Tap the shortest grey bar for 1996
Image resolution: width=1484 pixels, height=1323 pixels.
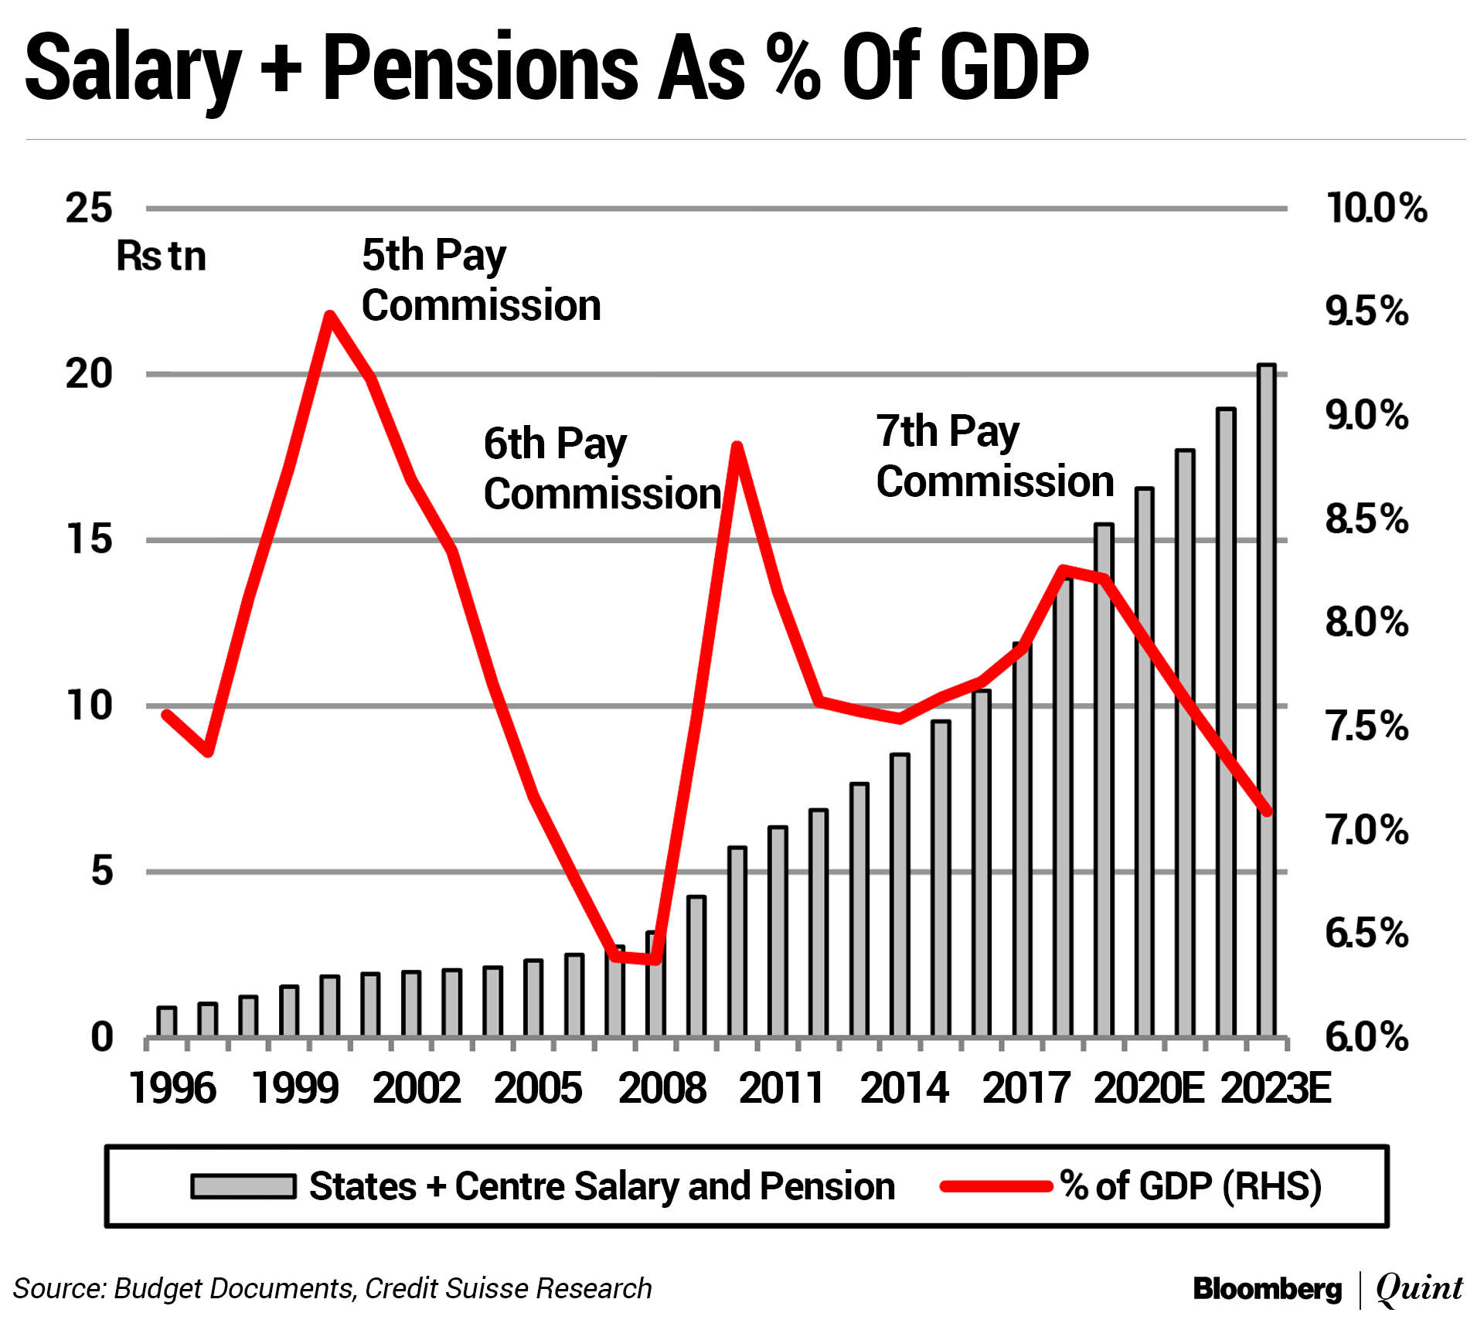(167, 1022)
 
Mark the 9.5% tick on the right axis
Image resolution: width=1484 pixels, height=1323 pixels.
(1367, 311)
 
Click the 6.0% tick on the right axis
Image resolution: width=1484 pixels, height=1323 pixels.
(1367, 1037)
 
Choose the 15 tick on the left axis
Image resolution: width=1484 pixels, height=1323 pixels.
(90, 539)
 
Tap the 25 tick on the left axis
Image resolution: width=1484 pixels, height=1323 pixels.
(90, 209)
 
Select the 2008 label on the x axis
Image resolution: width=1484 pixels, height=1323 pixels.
(662, 1088)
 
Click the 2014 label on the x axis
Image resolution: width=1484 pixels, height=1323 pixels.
(904, 1088)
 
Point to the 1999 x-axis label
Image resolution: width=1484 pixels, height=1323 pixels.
(295, 1088)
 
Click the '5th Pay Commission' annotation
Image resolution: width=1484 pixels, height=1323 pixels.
(481, 280)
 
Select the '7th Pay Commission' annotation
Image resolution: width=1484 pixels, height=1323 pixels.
(995, 456)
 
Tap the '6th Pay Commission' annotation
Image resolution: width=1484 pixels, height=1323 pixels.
(601, 468)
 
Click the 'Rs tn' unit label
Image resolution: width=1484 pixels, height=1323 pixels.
(161, 257)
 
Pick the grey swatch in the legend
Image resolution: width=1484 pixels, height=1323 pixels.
(243, 1186)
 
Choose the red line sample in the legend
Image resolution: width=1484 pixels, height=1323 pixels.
(996, 1186)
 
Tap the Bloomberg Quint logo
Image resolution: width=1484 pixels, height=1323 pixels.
(1327, 1288)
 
